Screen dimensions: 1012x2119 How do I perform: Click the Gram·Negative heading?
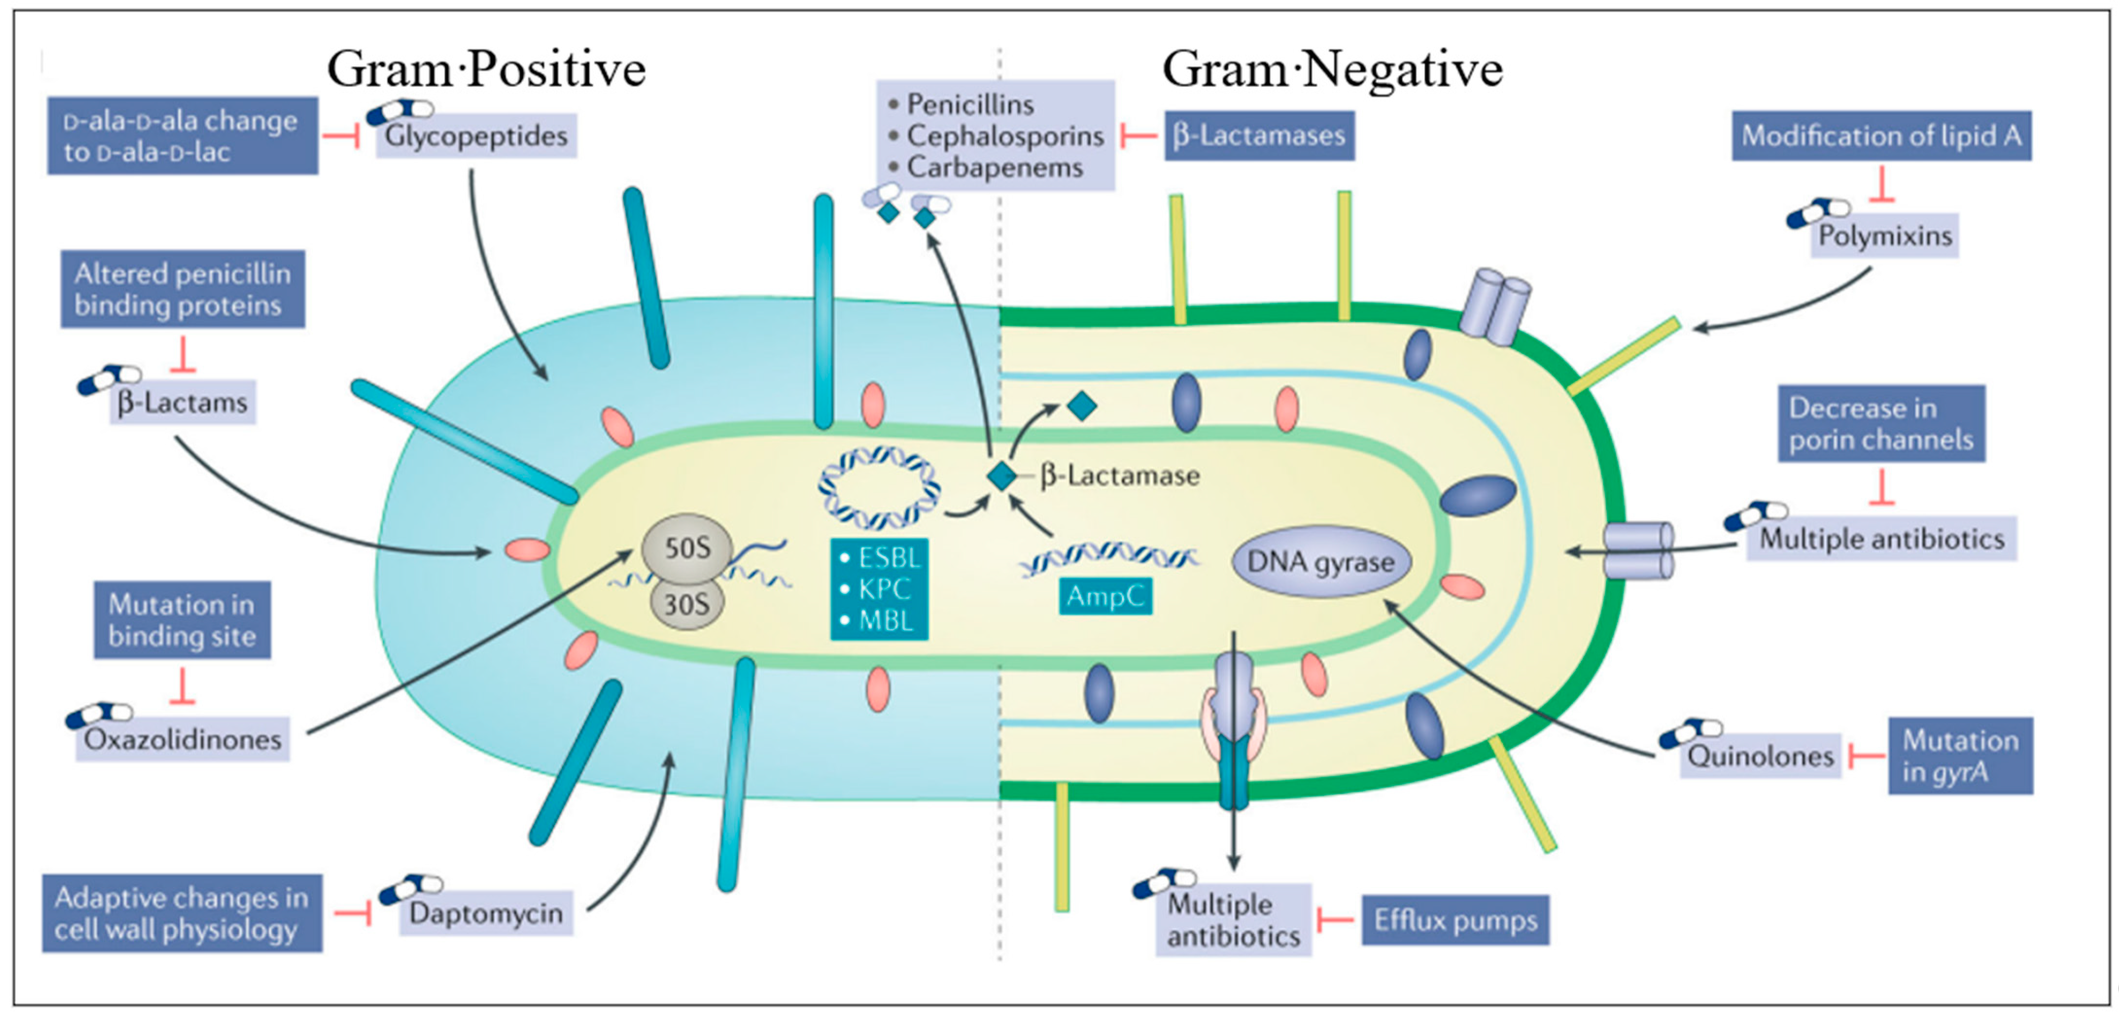pos(1332,69)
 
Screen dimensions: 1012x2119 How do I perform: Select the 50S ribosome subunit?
pos(686,548)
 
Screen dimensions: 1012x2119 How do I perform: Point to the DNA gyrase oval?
pos(1320,562)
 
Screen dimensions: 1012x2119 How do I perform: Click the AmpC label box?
pos(1105,596)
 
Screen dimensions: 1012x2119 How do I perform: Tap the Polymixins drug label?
pos(1884,236)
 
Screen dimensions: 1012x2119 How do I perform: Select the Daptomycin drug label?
pos(485,913)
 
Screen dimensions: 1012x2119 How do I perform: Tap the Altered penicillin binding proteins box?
pos(183,289)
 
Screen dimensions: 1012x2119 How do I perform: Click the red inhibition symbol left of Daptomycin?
pos(354,913)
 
